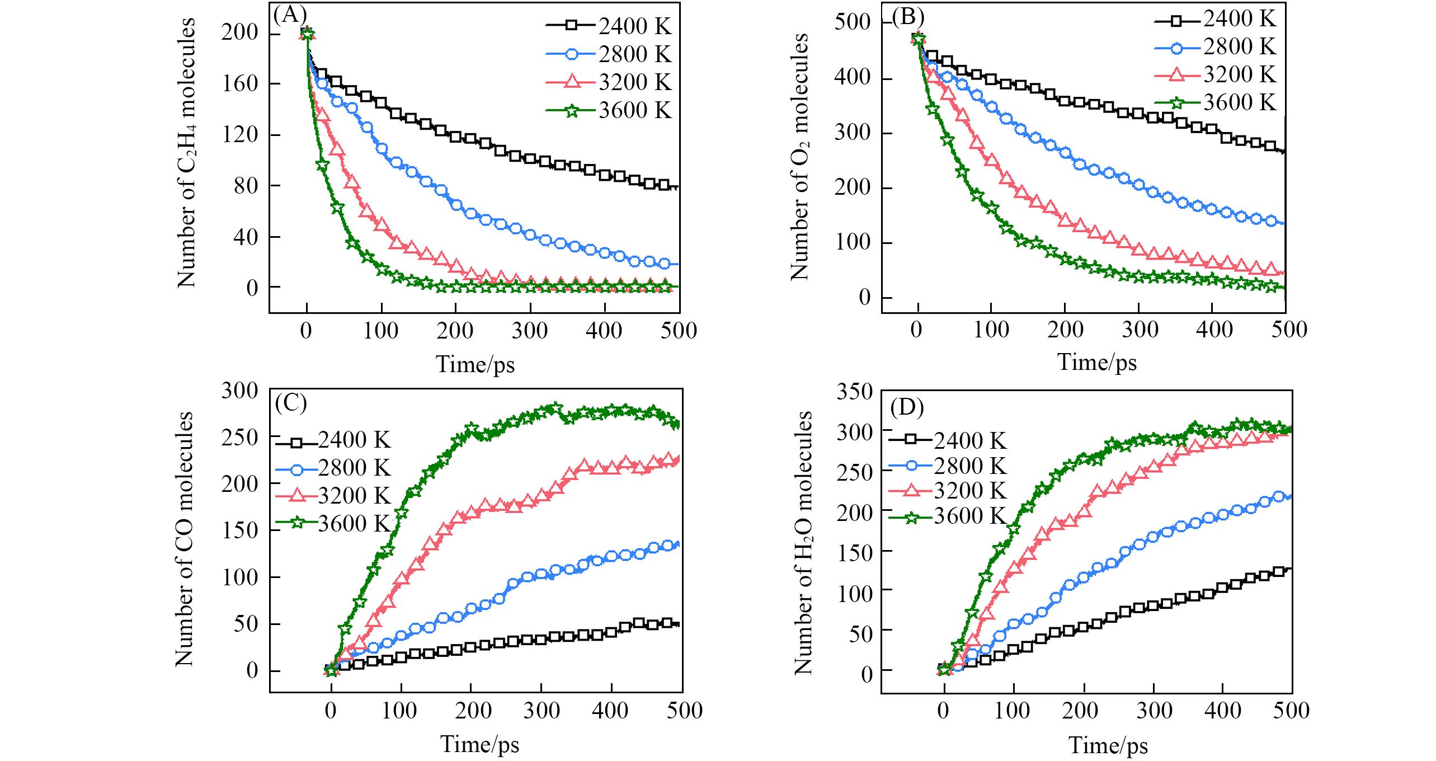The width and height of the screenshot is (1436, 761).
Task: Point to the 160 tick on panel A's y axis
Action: coord(240,84)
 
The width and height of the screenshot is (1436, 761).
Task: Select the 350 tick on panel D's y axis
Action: coord(854,392)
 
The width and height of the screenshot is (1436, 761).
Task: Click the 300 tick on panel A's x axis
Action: coord(530,330)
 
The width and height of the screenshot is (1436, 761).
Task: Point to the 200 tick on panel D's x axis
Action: coord(1084,710)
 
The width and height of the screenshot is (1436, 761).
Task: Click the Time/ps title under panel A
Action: coord(475,364)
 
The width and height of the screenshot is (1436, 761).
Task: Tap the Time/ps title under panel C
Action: coord(479,744)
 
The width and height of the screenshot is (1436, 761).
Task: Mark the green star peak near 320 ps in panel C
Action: coord(554,408)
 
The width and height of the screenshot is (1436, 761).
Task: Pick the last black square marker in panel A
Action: coord(664,185)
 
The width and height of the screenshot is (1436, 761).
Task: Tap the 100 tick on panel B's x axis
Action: coord(991,330)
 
